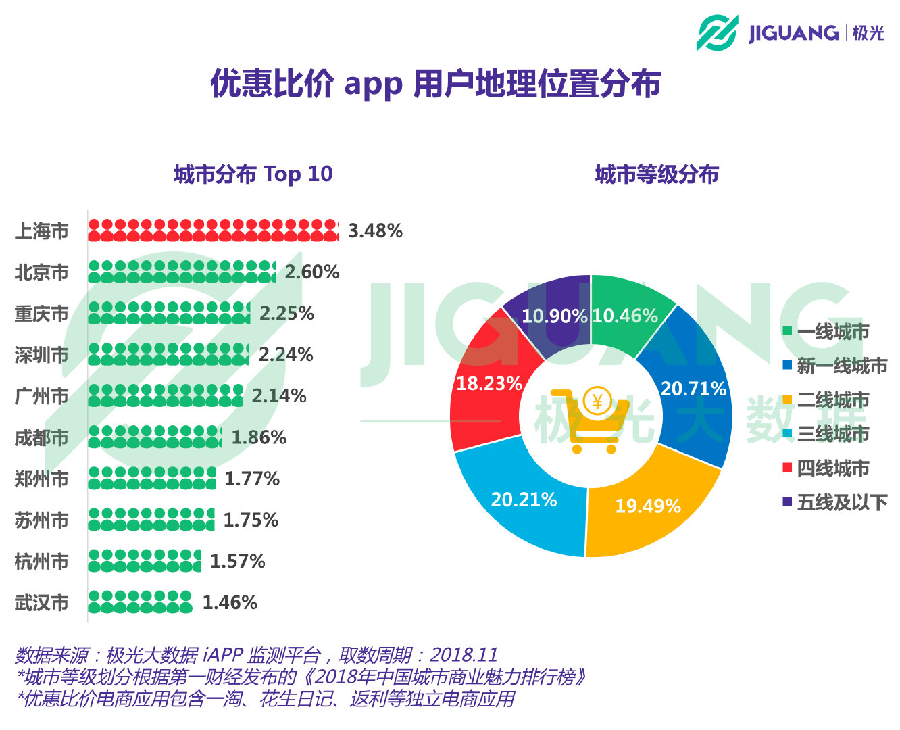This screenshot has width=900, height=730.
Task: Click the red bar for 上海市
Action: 213,230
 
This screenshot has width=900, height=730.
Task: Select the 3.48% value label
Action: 375,231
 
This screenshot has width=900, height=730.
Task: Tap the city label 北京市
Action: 42,272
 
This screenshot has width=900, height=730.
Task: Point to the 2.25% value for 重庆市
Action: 286,314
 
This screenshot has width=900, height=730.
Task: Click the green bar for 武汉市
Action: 140,602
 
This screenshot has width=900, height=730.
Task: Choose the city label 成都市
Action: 42,438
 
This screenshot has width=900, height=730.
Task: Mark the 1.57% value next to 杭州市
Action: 237,562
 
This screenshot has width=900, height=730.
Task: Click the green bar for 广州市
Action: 165,396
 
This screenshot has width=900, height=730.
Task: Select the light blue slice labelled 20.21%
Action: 524,500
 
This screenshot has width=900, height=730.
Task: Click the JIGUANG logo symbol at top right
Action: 717,32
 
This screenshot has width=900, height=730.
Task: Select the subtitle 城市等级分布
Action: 656,174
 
